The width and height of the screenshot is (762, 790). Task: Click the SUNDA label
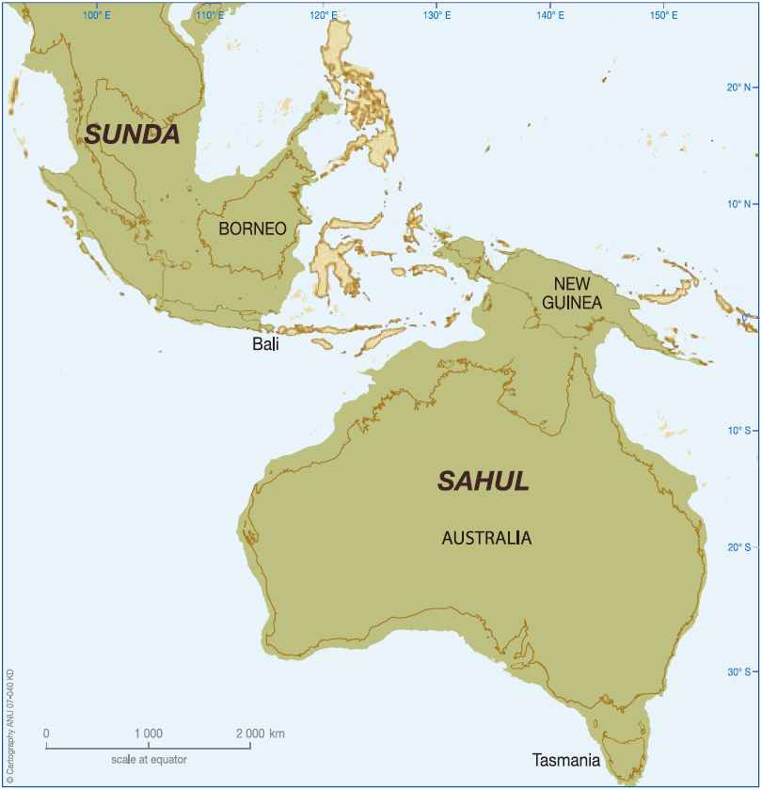(132, 134)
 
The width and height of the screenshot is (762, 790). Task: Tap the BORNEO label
(252, 229)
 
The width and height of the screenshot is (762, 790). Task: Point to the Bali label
(265, 345)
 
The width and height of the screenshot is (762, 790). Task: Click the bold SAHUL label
(484, 482)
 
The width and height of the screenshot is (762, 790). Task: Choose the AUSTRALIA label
(486, 539)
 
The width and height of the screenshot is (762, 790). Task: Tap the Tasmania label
(565, 760)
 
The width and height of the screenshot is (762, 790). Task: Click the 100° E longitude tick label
(96, 16)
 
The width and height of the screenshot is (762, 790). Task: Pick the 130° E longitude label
(437, 16)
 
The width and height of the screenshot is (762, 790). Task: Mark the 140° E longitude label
(550, 16)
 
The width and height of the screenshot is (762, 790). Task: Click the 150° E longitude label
(663, 16)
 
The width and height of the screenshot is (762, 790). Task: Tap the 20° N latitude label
(737, 87)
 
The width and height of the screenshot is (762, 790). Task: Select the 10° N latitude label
(737, 203)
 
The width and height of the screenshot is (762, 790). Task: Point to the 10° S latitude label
(737, 431)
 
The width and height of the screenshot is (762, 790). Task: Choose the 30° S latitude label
(737, 671)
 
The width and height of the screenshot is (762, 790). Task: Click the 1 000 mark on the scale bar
(149, 734)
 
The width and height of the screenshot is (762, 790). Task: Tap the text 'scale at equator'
(148, 759)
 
